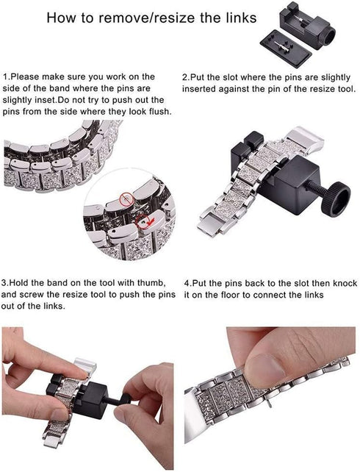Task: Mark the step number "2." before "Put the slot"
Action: click(x=185, y=76)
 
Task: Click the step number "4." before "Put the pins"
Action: click(x=187, y=282)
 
